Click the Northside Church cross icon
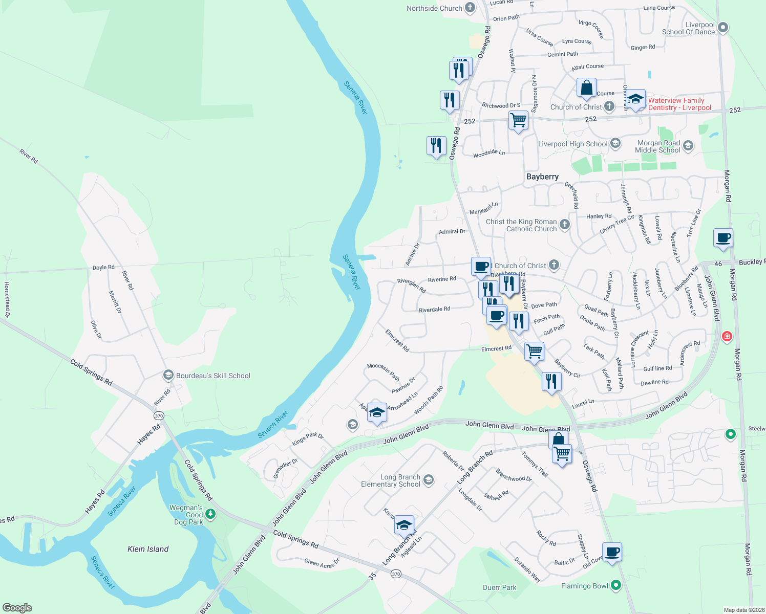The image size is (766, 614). tap(470, 8)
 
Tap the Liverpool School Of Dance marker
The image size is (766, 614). tap(722, 28)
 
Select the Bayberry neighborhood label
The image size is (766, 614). tap(542, 177)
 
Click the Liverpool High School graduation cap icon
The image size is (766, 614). tap(615, 144)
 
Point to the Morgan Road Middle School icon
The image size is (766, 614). tap(688, 146)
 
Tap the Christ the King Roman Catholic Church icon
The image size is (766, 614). tap(564, 225)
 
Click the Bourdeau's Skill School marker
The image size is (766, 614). tap(168, 376)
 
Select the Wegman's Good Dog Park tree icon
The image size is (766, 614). tap(210, 514)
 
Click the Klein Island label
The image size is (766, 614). tap(148, 549)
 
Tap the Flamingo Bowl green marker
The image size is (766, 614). tap(615, 585)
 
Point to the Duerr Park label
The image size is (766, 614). tap(499, 587)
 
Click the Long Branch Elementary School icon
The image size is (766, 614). tap(429, 480)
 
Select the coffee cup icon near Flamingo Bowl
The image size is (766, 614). tap(612, 552)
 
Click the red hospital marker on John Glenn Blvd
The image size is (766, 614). tap(726, 336)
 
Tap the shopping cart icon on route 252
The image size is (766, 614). tap(518, 121)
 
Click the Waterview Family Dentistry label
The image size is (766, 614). tap(679, 104)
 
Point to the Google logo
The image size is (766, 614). tap(17, 607)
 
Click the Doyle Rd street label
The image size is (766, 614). tap(103, 268)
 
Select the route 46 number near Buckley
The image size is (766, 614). tap(718, 264)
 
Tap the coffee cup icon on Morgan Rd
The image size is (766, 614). tap(723, 238)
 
